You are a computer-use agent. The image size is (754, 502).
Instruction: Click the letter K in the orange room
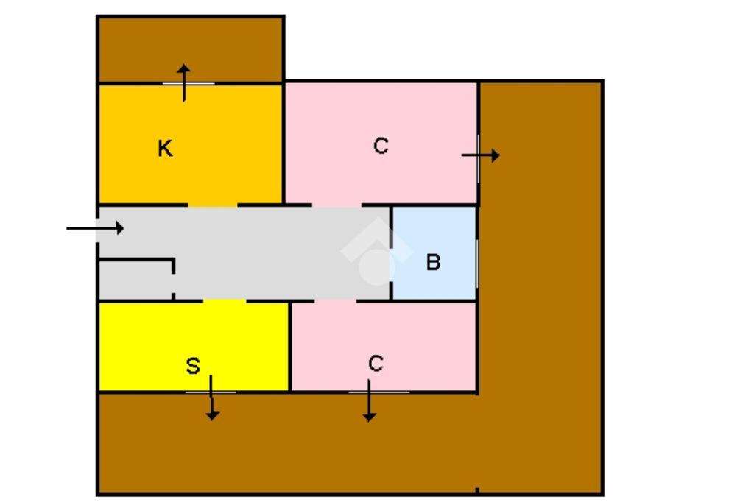(x=166, y=149)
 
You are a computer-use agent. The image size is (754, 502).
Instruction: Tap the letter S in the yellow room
(x=192, y=366)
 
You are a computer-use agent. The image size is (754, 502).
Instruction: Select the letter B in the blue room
(x=434, y=262)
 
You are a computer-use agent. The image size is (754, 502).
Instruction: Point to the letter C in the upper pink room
(x=380, y=146)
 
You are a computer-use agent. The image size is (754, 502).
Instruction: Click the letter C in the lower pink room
(x=376, y=363)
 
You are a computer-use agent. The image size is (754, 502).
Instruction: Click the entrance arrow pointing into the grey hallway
(x=95, y=228)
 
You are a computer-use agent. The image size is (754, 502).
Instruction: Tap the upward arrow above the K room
(x=184, y=82)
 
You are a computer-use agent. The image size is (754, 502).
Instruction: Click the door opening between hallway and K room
(x=213, y=205)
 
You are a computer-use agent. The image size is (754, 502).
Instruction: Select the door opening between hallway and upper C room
(x=337, y=205)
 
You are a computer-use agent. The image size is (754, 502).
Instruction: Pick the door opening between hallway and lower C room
(x=336, y=300)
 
